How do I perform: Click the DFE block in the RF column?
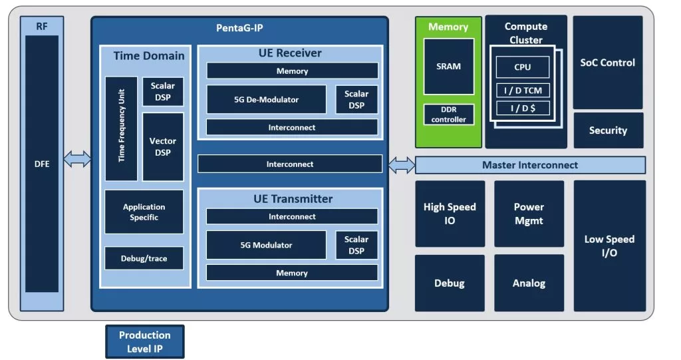point(42,164)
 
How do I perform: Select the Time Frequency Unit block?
point(121,128)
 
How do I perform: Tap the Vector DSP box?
point(163,147)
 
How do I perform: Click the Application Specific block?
point(144,212)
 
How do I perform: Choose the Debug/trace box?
point(144,258)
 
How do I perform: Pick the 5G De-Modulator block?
point(266,99)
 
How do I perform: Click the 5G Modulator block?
point(266,245)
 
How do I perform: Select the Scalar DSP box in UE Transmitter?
point(356,245)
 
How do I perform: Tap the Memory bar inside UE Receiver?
point(292,71)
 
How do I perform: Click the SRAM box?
point(449,67)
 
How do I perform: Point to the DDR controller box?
point(449,114)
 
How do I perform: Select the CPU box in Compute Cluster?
point(523,67)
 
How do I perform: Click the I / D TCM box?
point(523,91)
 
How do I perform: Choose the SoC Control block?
point(608,63)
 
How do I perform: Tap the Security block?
point(608,130)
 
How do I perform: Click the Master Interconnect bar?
point(530,165)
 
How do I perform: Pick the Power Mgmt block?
point(529,214)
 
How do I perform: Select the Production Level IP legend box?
point(144,342)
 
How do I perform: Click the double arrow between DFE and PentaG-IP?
point(77,159)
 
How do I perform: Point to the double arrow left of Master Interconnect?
point(401,165)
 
